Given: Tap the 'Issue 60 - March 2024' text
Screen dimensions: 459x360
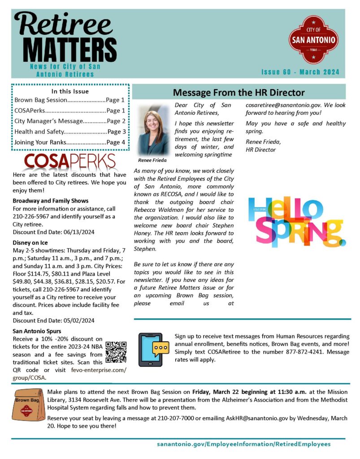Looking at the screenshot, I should [300, 72].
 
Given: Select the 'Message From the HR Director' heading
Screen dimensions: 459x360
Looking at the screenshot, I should [239, 93].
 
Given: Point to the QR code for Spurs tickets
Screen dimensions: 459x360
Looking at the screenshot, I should [116, 352].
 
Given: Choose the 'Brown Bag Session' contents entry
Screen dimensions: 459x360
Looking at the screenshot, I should [69, 100].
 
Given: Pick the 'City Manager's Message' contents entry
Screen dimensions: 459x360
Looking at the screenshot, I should [69, 121].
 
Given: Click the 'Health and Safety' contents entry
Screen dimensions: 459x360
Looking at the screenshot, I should [69, 132].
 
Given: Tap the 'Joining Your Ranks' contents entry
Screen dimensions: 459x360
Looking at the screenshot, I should [69, 143].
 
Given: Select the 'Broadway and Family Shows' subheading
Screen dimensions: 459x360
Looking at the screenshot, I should [51, 201].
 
